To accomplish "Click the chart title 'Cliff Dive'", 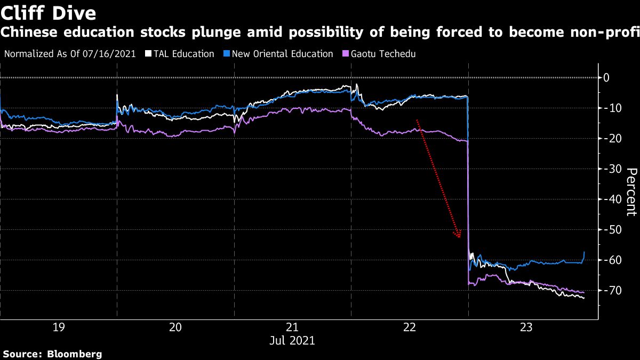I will (49, 12).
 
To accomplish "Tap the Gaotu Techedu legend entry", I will (381, 54).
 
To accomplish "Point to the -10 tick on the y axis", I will (610, 108).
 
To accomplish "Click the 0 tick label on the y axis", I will (606, 78).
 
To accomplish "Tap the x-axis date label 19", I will (59, 327).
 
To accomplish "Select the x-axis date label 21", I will (292, 327).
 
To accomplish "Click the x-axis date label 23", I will (526, 327).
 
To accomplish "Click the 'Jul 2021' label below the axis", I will (292, 340).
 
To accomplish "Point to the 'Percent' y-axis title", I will (631, 191).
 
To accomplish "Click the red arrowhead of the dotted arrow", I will (458, 234).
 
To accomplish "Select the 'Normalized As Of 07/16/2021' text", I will (69, 54).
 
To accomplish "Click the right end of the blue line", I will (585, 252).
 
